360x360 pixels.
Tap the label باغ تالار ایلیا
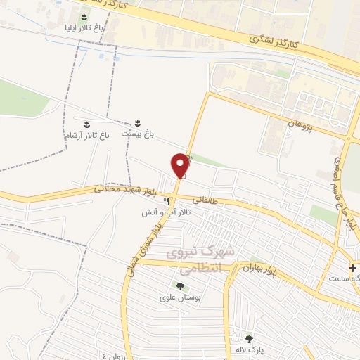[84, 27]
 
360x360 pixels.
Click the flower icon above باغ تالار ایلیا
[84, 16]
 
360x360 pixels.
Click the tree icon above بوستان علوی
[180, 286]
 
